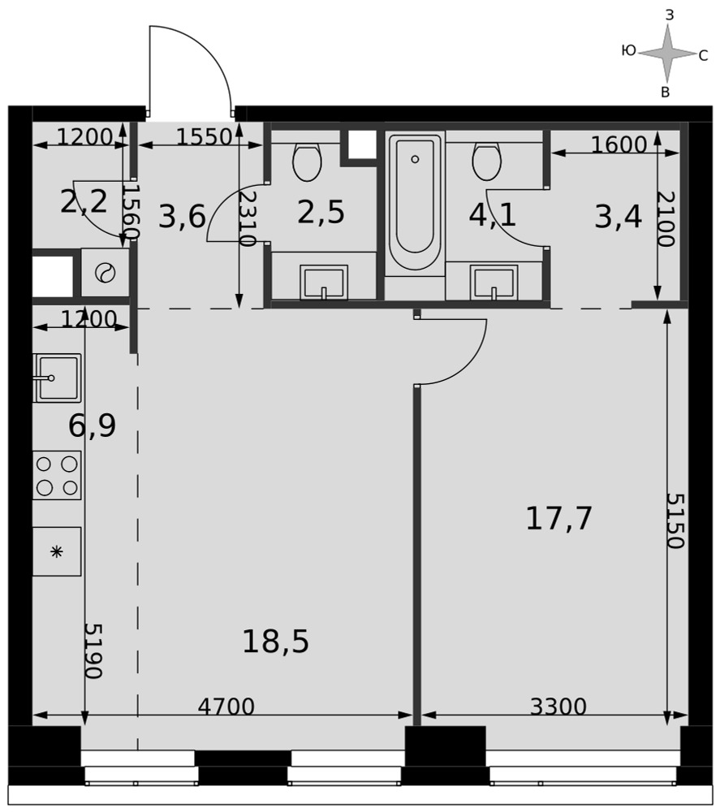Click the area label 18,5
(x=275, y=641)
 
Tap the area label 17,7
(x=558, y=518)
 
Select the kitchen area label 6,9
(x=93, y=426)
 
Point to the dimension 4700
(x=226, y=706)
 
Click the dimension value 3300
(x=558, y=706)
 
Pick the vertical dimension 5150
(x=675, y=520)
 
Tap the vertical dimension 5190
(x=93, y=650)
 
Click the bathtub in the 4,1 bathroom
(x=415, y=203)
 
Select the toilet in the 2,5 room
(x=308, y=162)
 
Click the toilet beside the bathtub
(x=486, y=162)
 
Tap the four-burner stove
(x=57, y=475)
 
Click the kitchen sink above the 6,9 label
(x=57, y=378)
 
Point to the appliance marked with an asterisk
(x=57, y=551)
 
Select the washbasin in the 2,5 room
(x=324, y=283)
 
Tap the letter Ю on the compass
(x=628, y=50)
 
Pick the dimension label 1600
(x=619, y=145)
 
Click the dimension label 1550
(x=204, y=136)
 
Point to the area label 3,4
(x=618, y=217)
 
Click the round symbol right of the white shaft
(x=105, y=272)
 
